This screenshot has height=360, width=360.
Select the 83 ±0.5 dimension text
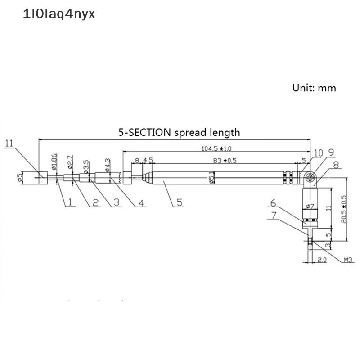[x=224, y=160]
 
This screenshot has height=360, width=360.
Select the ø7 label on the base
[x=310, y=207]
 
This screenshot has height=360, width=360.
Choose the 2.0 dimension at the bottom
[x=321, y=261]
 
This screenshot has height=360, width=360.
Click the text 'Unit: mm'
[x=314, y=88]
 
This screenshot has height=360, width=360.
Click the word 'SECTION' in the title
[x=149, y=132]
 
